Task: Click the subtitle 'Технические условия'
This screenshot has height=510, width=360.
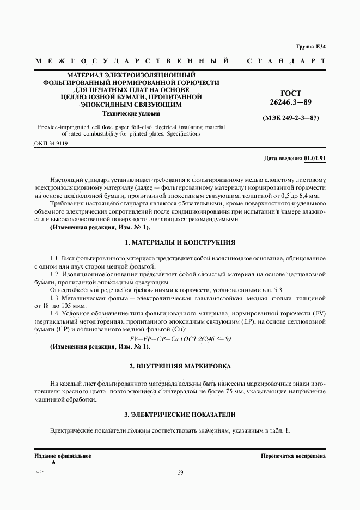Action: [x=132, y=114]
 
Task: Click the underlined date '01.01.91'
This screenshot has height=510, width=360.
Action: [x=315, y=158]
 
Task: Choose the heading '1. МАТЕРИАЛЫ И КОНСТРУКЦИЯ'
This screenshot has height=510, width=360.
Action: [x=180, y=241]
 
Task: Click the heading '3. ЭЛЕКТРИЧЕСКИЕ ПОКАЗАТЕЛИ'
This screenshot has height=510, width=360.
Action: [x=180, y=415]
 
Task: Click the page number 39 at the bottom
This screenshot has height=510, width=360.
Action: [x=180, y=473]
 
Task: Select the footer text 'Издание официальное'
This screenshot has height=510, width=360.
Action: [x=63, y=455]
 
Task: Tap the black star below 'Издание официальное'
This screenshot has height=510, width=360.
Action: [x=53, y=462]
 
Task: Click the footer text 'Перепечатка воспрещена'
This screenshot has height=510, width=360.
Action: [x=293, y=455]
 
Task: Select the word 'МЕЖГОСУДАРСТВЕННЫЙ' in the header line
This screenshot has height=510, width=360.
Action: [x=131, y=62]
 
